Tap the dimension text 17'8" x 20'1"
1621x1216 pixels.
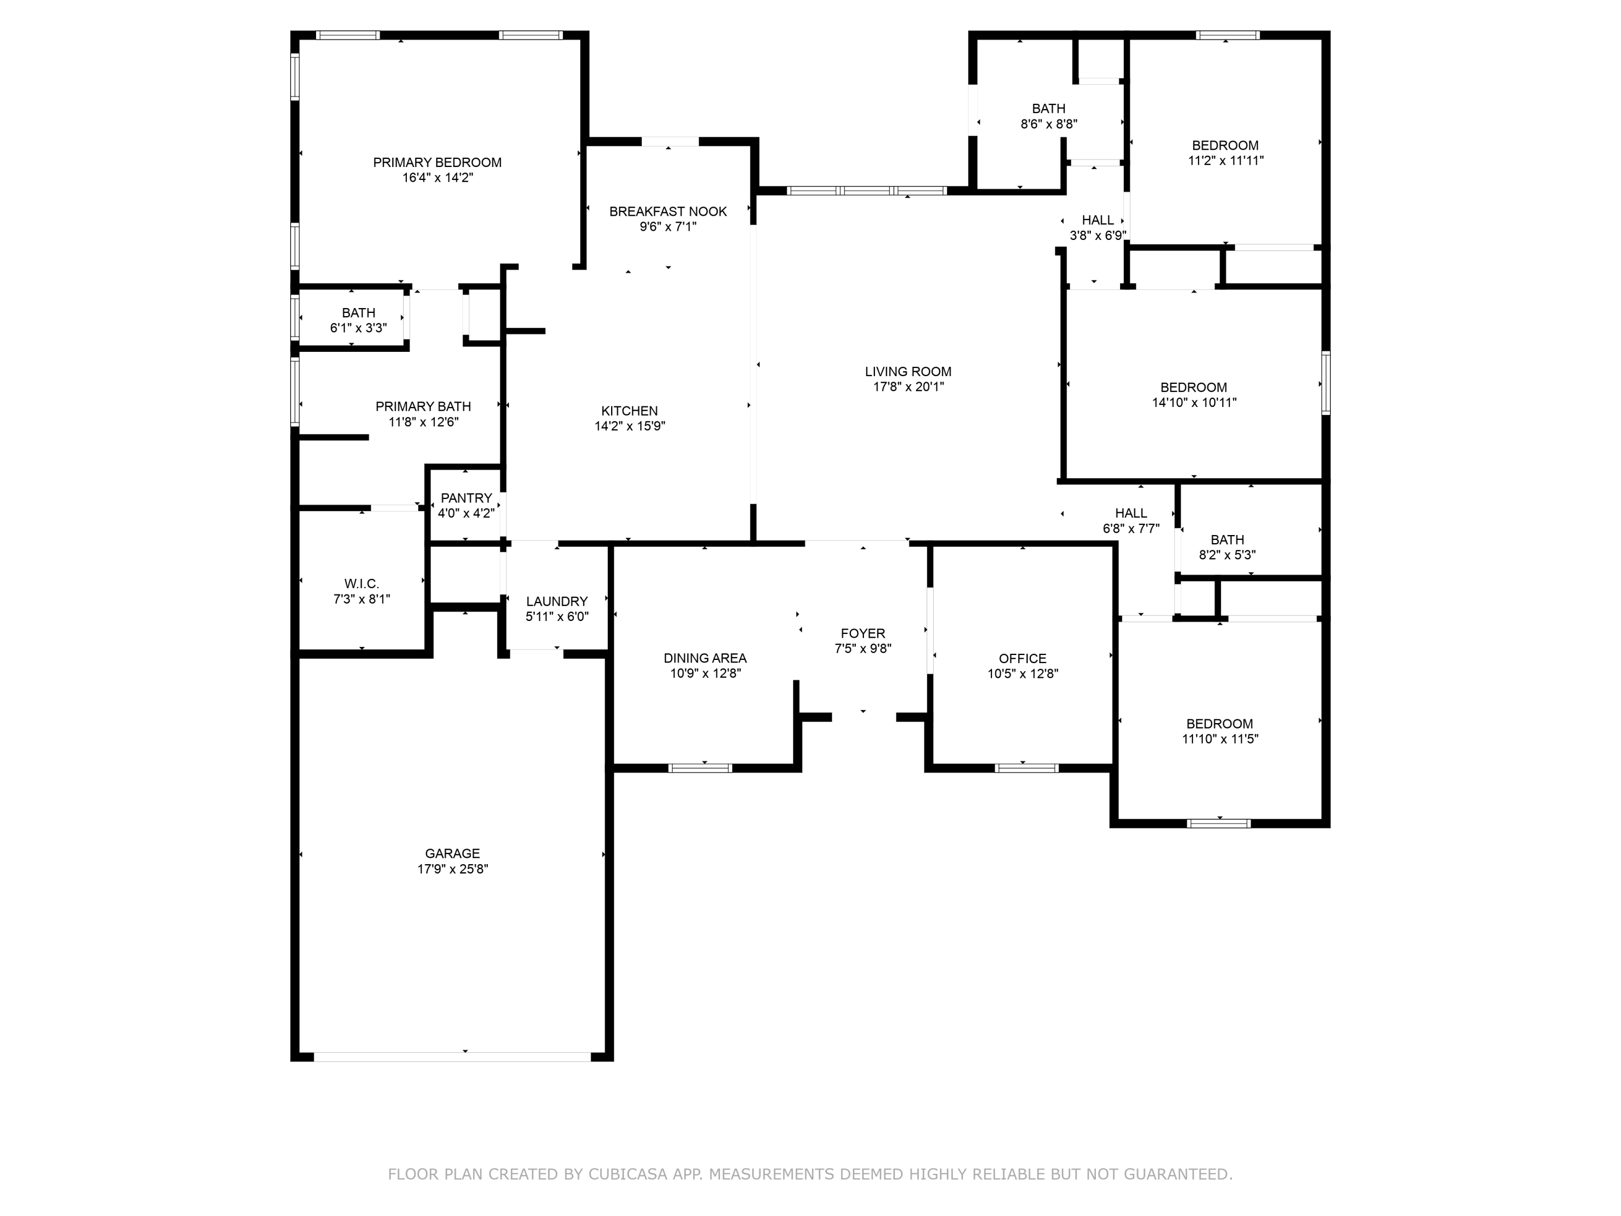908,387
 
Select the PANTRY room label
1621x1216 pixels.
466,498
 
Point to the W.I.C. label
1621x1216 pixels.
361,584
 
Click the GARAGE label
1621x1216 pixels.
452,854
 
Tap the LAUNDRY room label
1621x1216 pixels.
557,602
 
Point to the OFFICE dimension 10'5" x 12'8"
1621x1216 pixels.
1022,673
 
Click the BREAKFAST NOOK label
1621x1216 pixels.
668,212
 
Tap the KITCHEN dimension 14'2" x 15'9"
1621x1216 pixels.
629,426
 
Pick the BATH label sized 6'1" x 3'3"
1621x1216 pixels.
358,313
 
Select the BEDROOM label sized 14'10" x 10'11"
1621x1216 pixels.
1193,387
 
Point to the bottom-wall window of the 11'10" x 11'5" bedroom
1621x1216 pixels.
1218,823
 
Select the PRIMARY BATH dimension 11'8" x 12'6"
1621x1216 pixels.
424,422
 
